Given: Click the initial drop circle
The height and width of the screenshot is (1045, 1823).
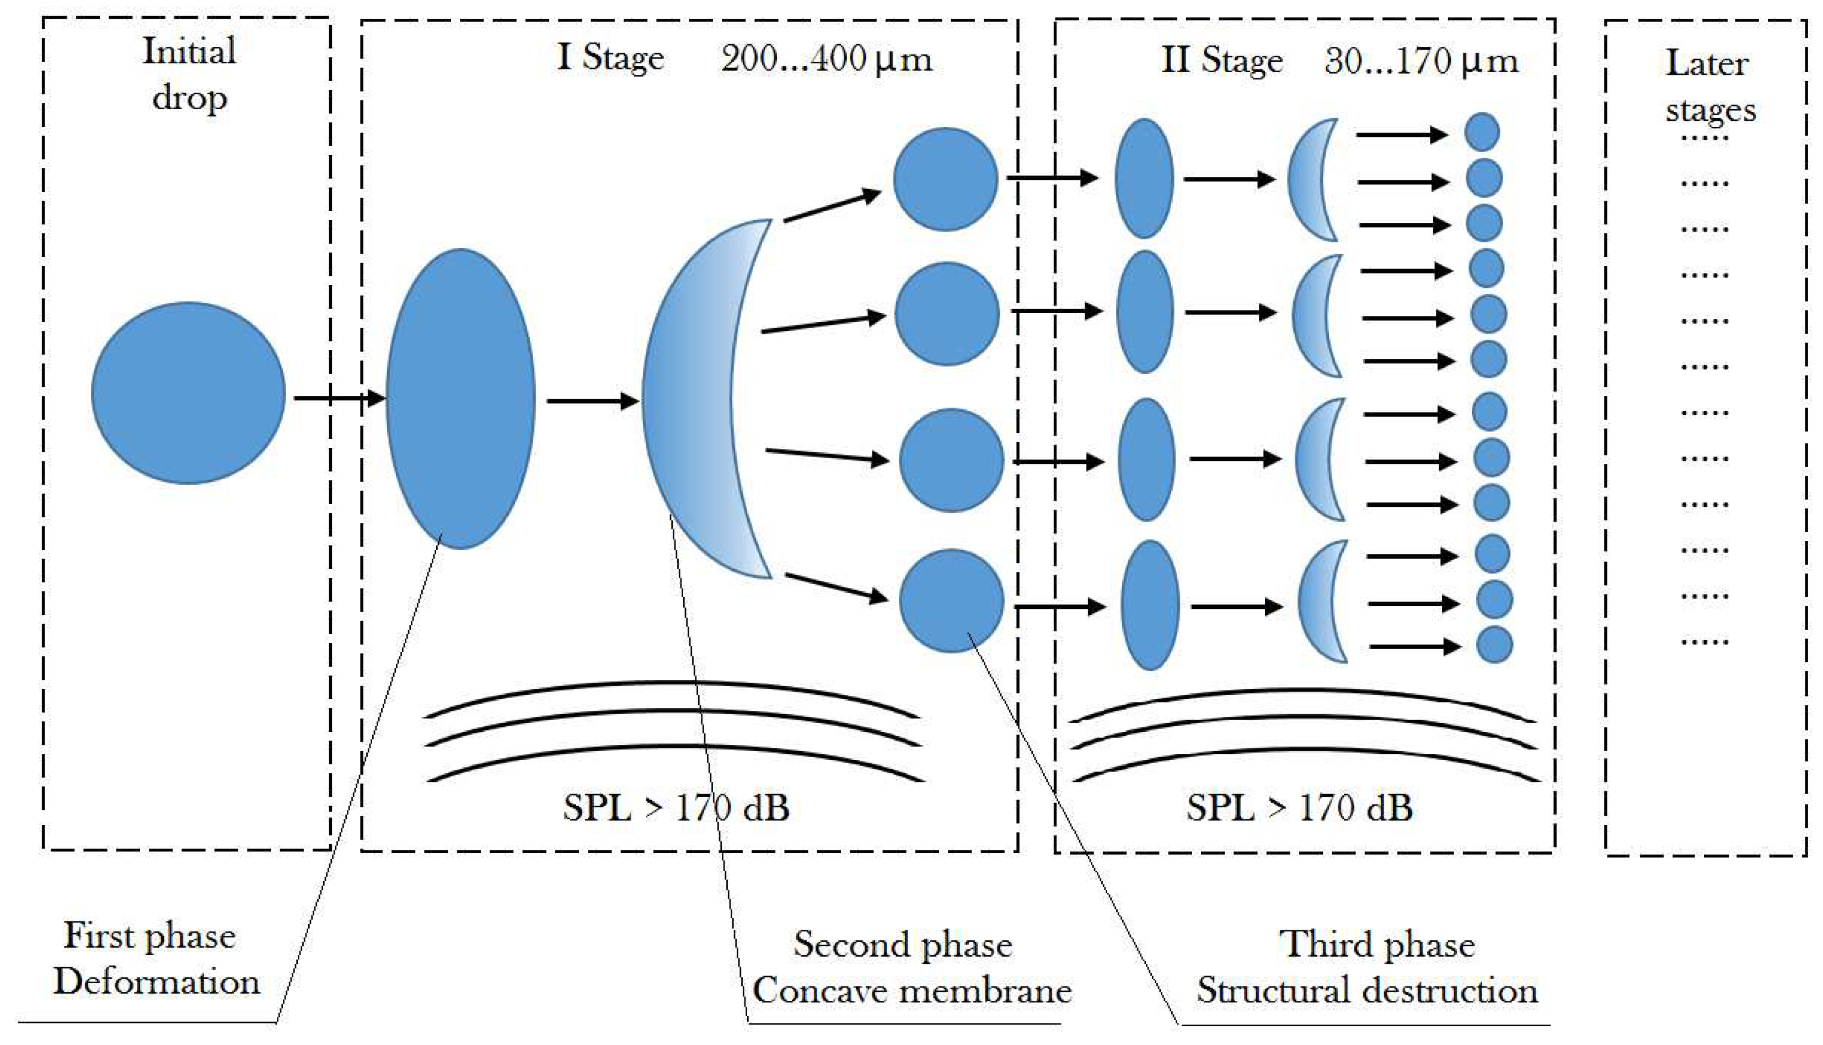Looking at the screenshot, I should pos(188,393).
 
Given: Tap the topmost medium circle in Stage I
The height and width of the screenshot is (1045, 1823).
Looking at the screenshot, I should pos(945,179).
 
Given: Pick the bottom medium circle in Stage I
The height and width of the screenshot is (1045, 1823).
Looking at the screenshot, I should pos(951,600).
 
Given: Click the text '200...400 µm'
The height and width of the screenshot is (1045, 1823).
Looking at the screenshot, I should pos(826,59).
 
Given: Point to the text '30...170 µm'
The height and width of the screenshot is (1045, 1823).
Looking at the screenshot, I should pos(1421,62).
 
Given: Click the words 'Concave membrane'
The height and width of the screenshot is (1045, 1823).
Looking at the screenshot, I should pos(911,991).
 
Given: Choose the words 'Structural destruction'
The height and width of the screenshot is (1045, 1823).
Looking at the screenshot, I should pos(1368,991).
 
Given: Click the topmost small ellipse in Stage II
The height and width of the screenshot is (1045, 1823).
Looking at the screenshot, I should pos(1144,178).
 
